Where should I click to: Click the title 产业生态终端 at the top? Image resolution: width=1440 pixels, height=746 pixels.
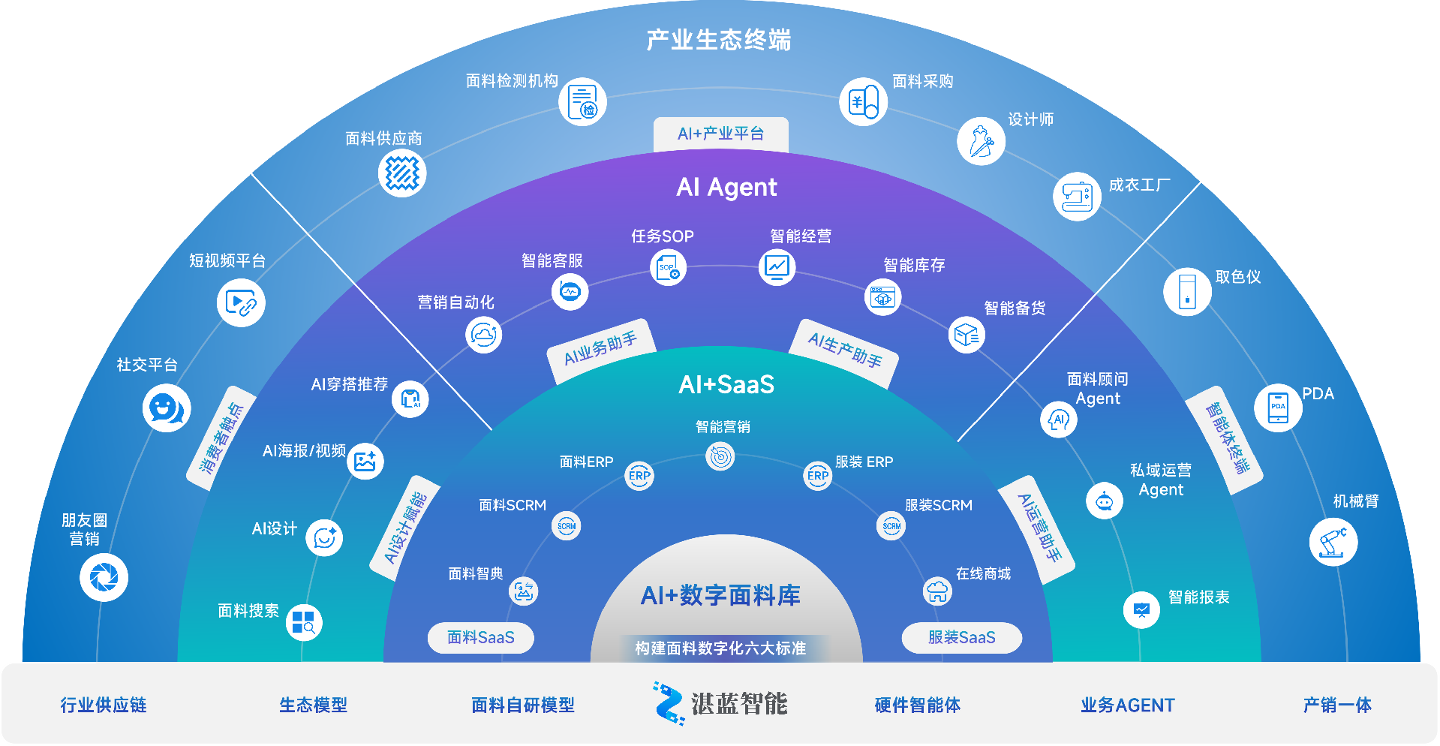(719, 40)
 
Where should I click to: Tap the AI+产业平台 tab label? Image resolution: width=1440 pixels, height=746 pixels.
(721, 134)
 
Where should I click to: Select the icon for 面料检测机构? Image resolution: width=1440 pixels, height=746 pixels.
(582, 101)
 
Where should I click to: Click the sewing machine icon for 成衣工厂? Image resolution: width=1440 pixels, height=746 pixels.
(1077, 197)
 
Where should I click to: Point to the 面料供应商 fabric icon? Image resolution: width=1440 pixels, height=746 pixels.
(402, 173)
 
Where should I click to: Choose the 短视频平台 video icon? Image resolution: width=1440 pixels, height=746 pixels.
(241, 302)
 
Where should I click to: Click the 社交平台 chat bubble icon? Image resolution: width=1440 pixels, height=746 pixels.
(167, 408)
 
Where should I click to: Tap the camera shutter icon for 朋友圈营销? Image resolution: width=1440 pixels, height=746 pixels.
(104, 577)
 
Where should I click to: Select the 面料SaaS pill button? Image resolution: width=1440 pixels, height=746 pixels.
(481, 638)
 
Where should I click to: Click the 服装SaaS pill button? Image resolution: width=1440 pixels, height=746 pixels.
(961, 638)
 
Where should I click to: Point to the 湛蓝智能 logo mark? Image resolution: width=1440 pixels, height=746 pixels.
(668, 703)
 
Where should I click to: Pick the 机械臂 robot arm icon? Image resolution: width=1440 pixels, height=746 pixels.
(1333, 542)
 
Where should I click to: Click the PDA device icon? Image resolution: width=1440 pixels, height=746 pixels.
(1278, 408)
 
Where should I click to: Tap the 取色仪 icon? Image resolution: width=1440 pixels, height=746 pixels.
(1187, 291)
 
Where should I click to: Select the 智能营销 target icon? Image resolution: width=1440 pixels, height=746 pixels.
(720, 456)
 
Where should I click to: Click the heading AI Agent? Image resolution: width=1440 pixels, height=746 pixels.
(726, 187)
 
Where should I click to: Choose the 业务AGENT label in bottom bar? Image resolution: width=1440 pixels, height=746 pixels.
(1127, 705)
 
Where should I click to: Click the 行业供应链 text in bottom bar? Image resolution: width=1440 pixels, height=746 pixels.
(104, 705)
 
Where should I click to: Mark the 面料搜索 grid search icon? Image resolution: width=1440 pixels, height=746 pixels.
(304, 622)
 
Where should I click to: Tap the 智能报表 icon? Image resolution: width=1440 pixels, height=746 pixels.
(1141, 610)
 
